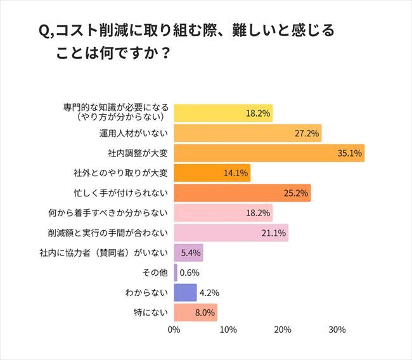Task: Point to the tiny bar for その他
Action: [176, 273]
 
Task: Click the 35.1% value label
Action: [350, 153]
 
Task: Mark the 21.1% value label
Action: [274, 233]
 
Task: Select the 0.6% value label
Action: [190, 273]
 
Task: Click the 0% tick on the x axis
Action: [174, 330]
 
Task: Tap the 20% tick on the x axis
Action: [283, 330]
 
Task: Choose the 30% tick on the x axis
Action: [337, 330]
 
